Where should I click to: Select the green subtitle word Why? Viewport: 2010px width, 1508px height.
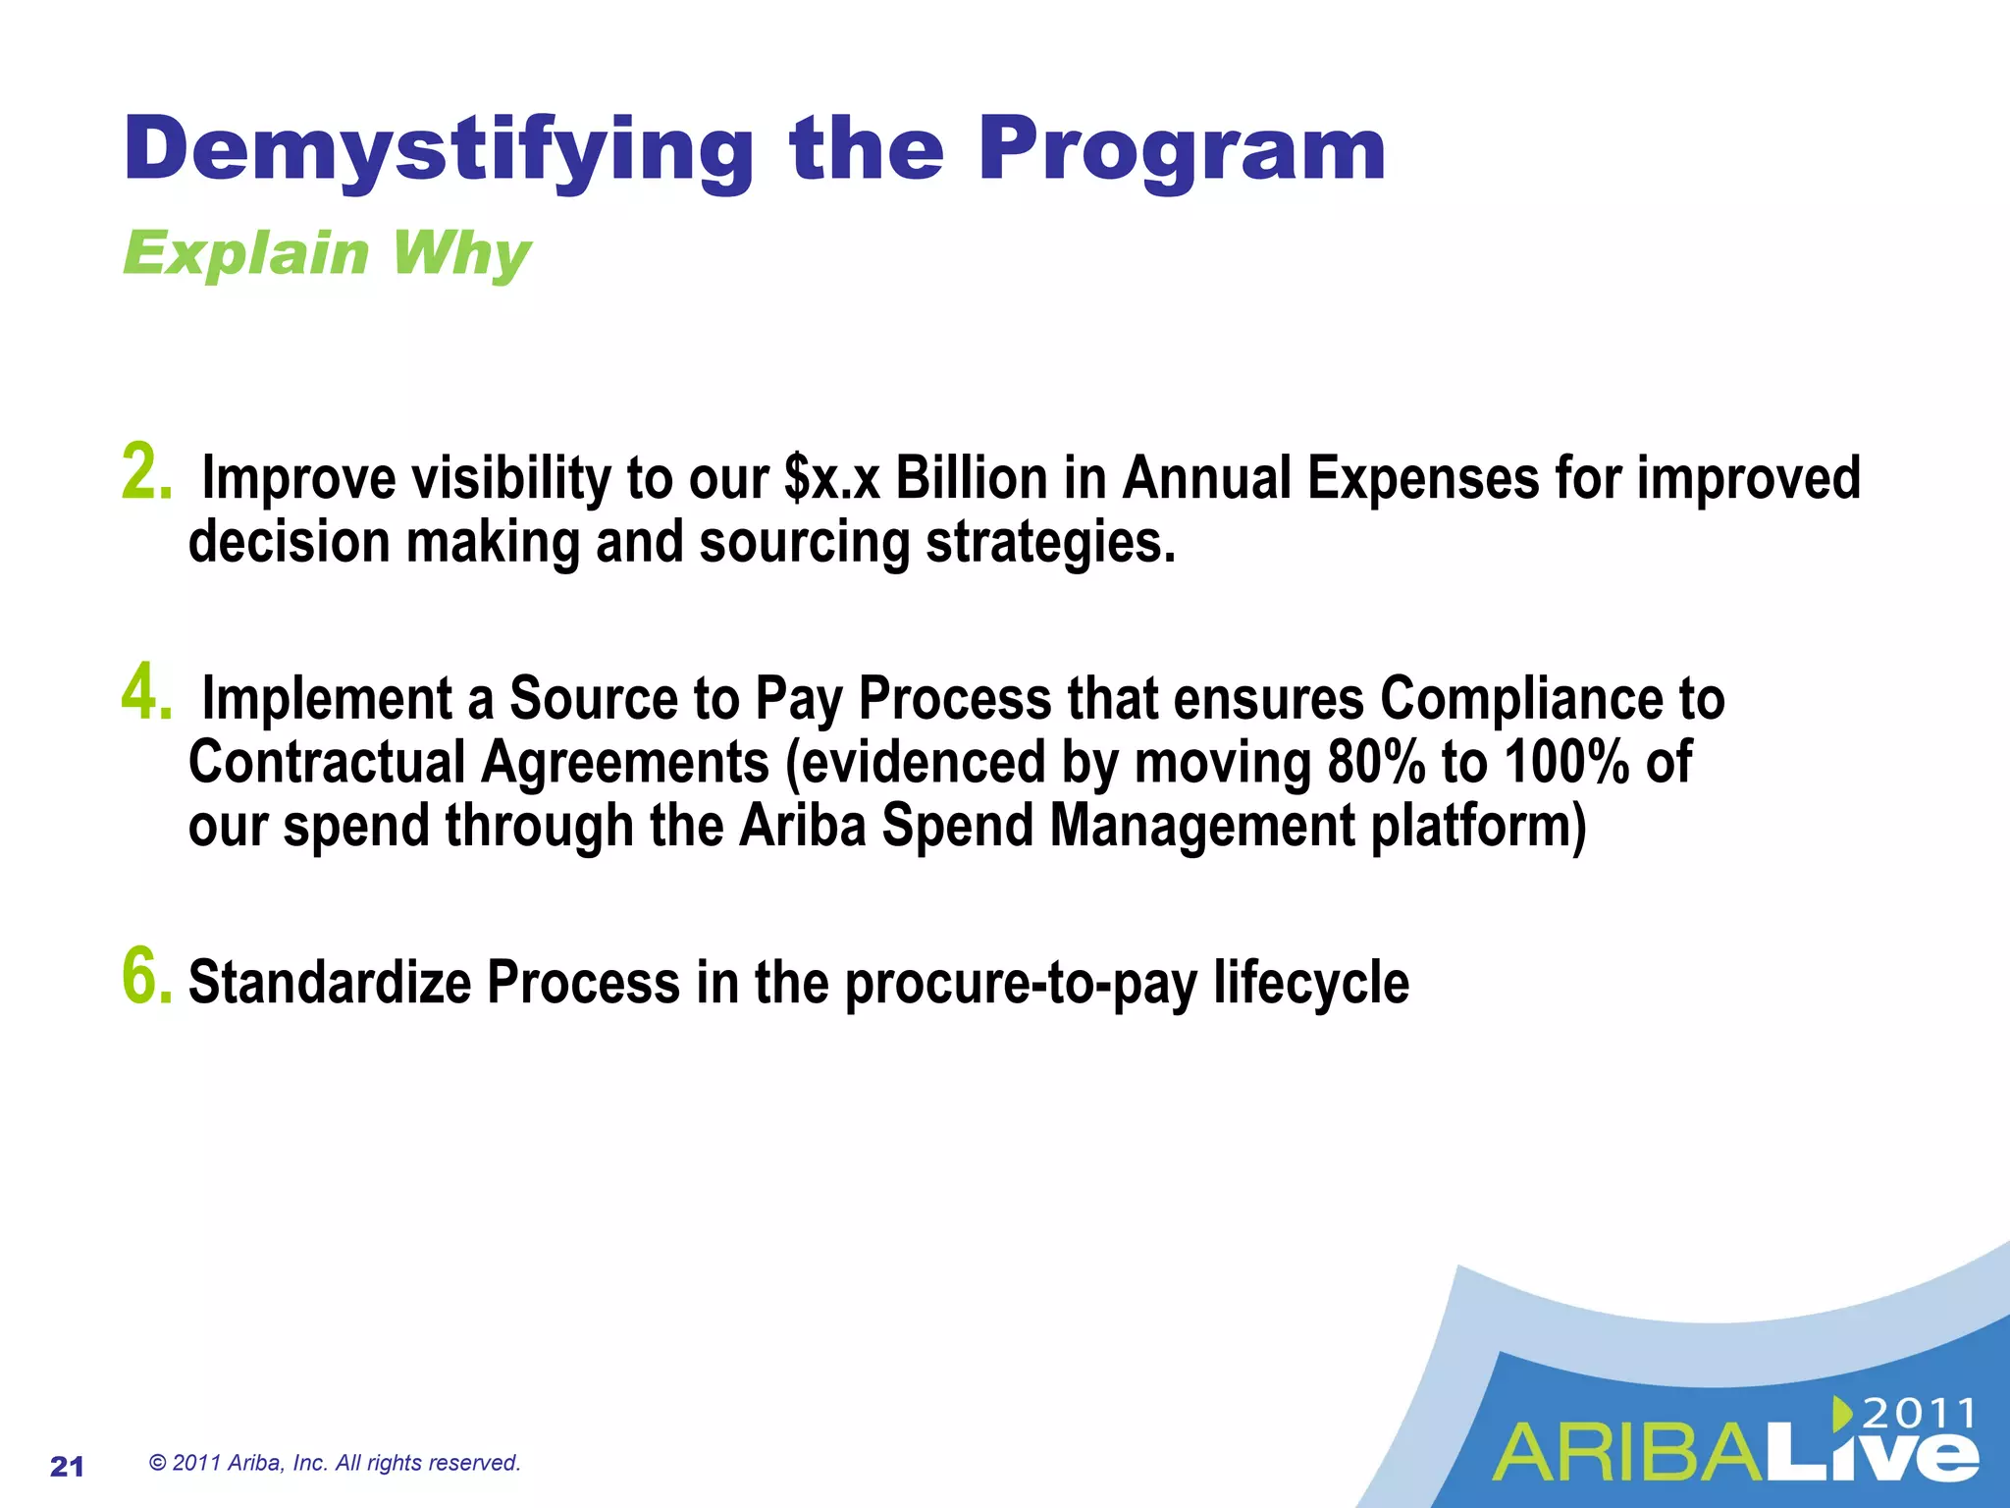click(x=460, y=254)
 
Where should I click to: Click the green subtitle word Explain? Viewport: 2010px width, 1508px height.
click(x=246, y=254)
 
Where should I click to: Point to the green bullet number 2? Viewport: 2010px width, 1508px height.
click(x=146, y=472)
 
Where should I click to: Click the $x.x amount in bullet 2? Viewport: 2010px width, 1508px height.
click(x=832, y=479)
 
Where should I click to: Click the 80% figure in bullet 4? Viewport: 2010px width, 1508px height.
click(x=1375, y=763)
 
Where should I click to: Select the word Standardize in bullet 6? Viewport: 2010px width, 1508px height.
click(x=330, y=982)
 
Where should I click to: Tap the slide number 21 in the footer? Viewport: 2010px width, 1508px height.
click(x=67, y=1467)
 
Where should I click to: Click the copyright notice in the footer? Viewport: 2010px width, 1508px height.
click(x=335, y=1463)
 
